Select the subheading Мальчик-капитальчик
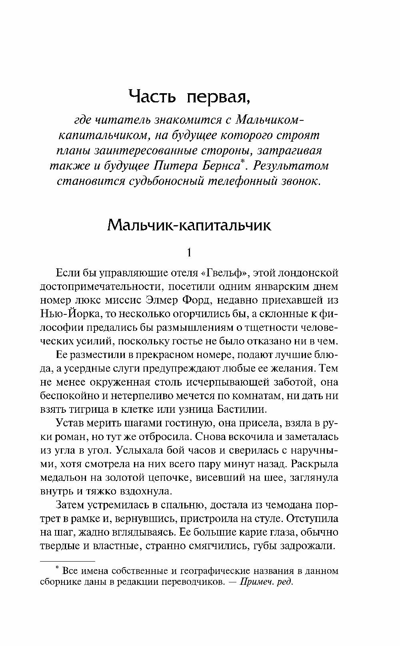click(189, 226)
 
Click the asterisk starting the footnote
click(58, 567)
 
